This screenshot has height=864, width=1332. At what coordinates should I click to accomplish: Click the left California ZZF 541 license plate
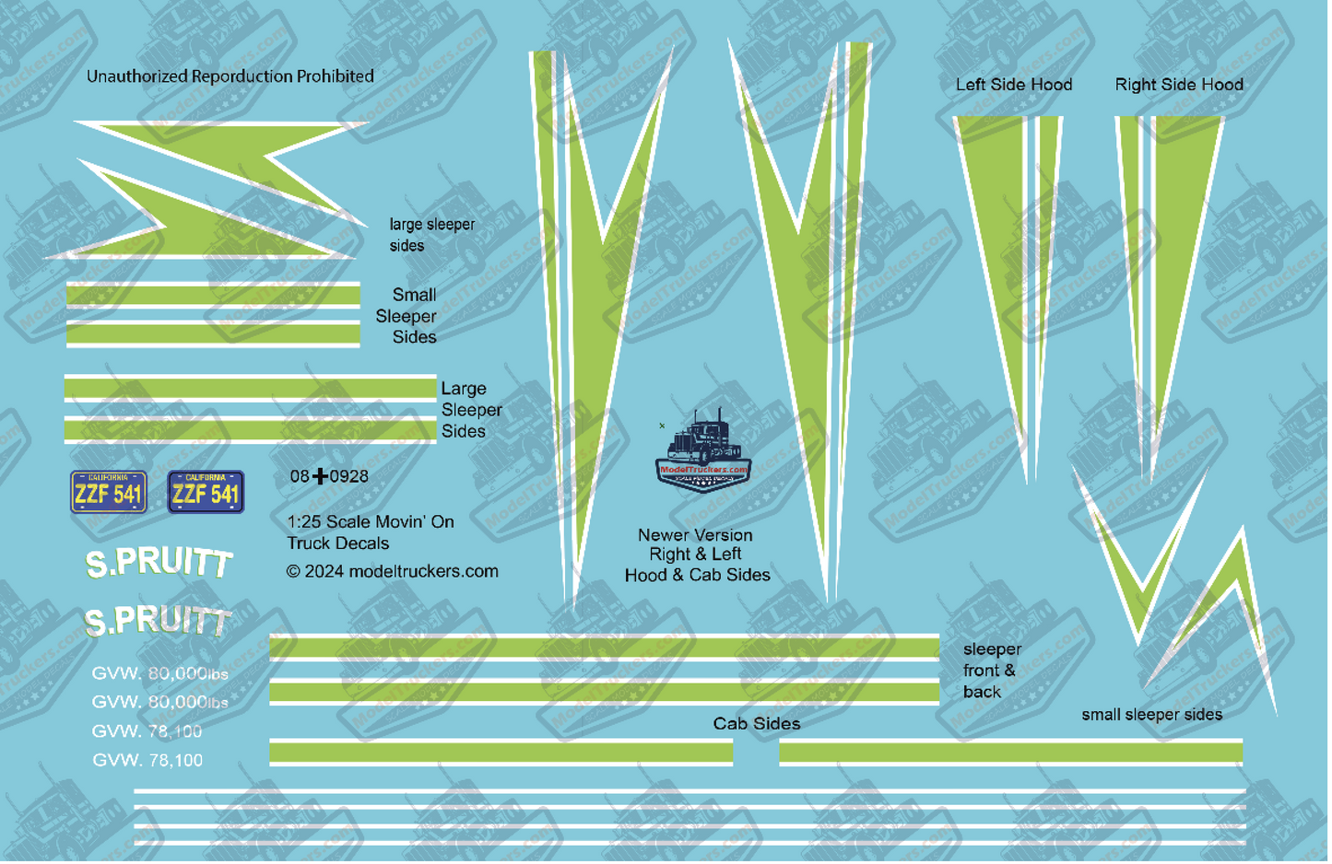(x=109, y=492)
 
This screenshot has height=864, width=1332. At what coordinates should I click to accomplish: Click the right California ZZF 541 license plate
(x=206, y=492)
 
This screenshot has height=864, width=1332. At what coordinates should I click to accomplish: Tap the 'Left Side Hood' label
(x=1014, y=85)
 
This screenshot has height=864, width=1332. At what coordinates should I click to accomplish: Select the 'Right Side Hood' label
(x=1179, y=85)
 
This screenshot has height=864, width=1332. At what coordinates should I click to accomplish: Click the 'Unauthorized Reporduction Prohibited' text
(x=230, y=76)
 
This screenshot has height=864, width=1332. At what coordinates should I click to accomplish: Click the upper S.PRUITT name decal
(x=159, y=563)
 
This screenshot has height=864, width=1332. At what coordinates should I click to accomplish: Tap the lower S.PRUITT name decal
(x=158, y=622)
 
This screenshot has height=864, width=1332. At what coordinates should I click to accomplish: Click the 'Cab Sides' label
(x=757, y=724)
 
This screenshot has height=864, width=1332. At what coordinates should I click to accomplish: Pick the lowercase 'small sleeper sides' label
(x=1151, y=715)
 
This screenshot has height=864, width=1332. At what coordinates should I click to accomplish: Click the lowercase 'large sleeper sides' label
(x=431, y=235)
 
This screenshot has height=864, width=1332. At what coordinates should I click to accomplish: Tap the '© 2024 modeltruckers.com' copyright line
(x=392, y=572)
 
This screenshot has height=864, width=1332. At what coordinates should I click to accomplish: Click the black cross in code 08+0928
(x=320, y=476)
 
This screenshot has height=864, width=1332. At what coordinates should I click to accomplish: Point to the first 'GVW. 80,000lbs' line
(x=159, y=674)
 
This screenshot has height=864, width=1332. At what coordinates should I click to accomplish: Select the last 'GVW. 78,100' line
(x=147, y=761)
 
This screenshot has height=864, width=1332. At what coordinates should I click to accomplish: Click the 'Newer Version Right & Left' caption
(x=696, y=545)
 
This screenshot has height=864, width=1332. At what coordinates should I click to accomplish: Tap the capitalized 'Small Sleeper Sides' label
(x=407, y=316)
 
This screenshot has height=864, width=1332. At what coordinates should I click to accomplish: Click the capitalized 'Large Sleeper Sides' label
(x=470, y=410)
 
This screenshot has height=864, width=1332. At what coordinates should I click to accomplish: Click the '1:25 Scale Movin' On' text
(x=371, y=522)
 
